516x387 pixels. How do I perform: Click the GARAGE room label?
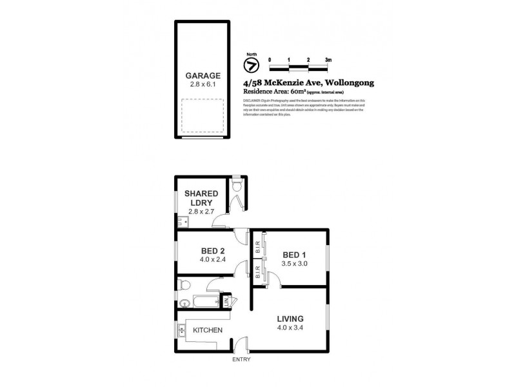[x=203, y=75]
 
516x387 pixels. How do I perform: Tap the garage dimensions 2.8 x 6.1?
[x=203, y=84]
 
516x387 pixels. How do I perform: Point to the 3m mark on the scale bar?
[x=328, y=59]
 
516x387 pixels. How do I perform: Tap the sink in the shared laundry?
[x=181, y=223]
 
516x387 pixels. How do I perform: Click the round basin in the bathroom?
[x=183, y=302]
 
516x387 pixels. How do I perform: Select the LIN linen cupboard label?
[x=226, y=301]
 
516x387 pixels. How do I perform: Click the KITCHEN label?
[x=208, y=330]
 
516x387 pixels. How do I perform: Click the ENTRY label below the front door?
[x=241, y=359]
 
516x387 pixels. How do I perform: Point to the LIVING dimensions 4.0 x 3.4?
[x=290, y=328]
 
